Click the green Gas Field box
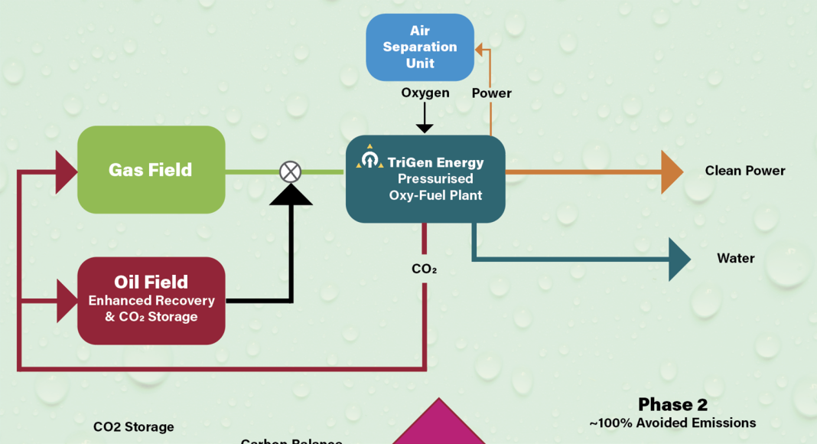[x=151, y=169]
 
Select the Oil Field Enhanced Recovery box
[x=151, y=300]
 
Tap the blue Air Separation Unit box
[x=420, y=47]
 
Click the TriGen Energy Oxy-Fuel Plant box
[x=425, y=179]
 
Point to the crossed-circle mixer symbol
[x=290, y=171]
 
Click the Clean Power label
[x=744, y=171]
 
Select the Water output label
[x=735, y=258]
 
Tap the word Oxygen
[x=425, y=93]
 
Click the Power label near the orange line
[x=491, y=93]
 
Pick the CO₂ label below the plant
[x=425, y=269]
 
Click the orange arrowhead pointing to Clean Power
[x=672, y=172]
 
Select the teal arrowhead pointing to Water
[x=679, y=260]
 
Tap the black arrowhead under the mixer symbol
[x=290, y=195]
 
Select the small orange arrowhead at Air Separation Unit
[x=479, y=49]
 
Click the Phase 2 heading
[x=672, y=404]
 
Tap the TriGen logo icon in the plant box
[x=370, y=158]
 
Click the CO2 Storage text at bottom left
[x=133, y=427]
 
